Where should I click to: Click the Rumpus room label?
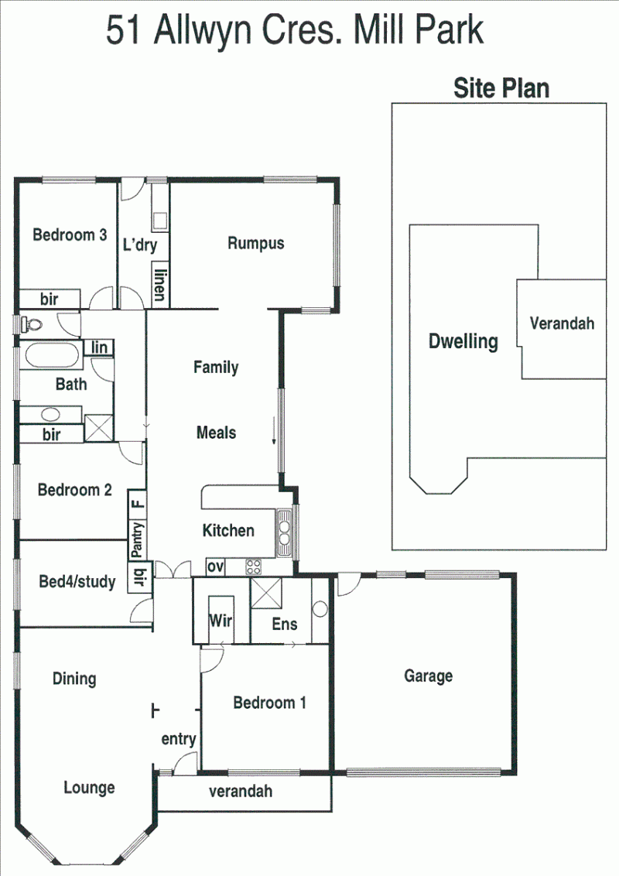coord(256,244)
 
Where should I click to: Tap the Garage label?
coord(429,676)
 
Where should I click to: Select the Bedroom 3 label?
coord(70,234)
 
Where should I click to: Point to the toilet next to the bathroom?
coord(31,324)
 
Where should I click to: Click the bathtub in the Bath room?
coord(52,355)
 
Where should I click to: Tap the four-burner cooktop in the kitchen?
coord(253,567)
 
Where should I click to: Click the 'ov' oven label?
coord(216,567)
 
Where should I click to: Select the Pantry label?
coord(138,539)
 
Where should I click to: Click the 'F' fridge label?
coord(138,504)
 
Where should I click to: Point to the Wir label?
coord(221,620)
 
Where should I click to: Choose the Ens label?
coord(285,624)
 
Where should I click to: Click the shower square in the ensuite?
coord(266,594)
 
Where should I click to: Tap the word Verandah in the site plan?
coord(562,323)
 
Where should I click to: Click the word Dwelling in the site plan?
coord(463,341)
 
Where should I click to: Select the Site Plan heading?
coord(501,88)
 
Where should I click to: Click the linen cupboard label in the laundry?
coord(160,285)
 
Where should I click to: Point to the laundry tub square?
coord(160,221)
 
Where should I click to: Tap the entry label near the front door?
coord(179,739)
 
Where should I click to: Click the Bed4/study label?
coord(77,582)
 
